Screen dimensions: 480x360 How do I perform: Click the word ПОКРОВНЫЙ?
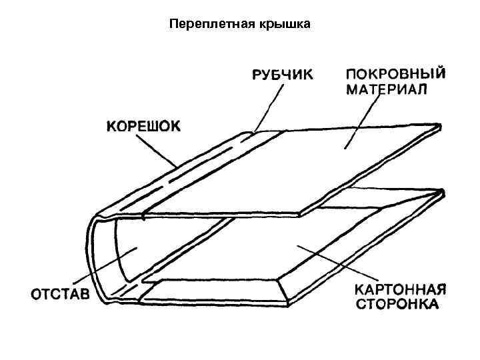(396, 73)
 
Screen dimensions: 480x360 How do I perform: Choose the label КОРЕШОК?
(142, 125)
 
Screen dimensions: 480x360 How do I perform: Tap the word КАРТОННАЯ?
(399, 290)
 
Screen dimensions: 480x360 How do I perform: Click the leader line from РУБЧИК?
(266, 107)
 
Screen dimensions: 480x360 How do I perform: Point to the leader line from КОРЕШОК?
(157, 149)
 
